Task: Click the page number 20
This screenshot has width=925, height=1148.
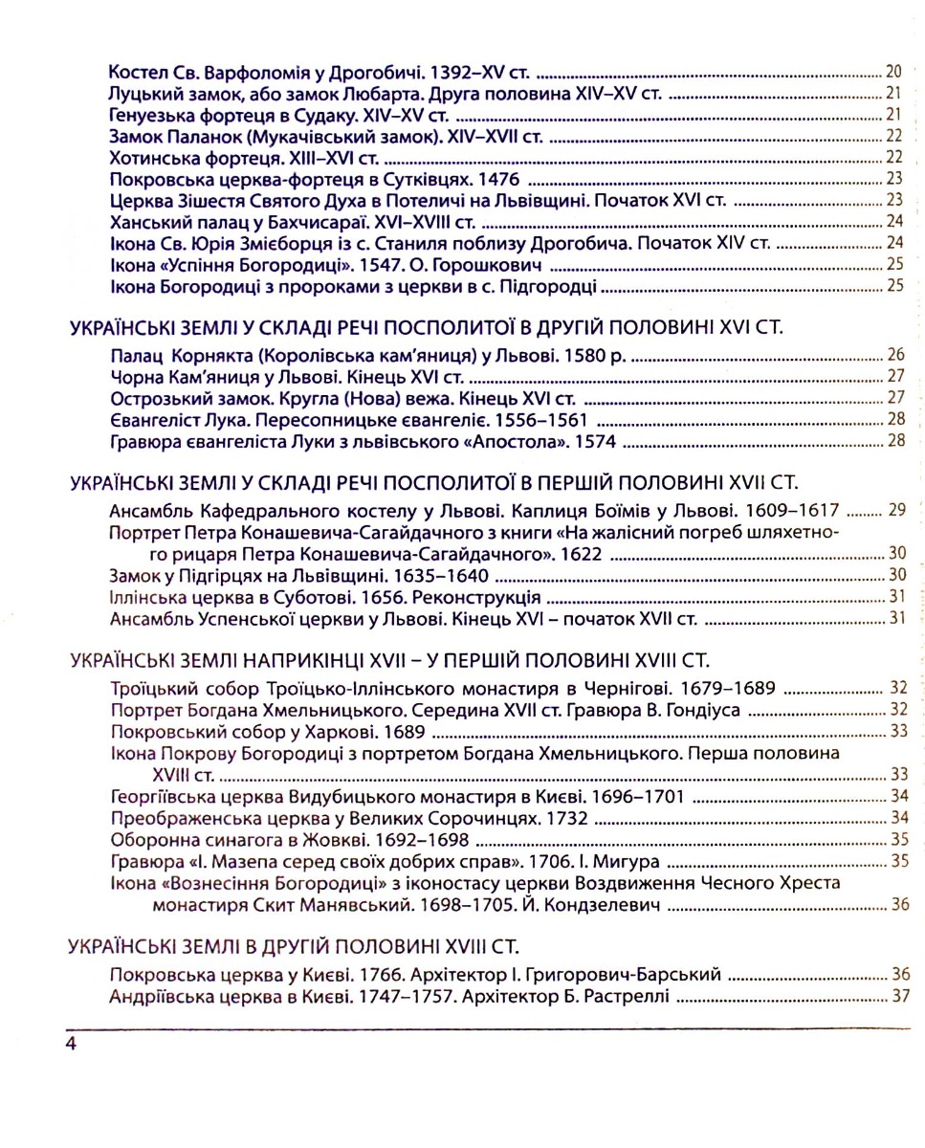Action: (895, 72)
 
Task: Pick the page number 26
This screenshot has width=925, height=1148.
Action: (895, 355)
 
